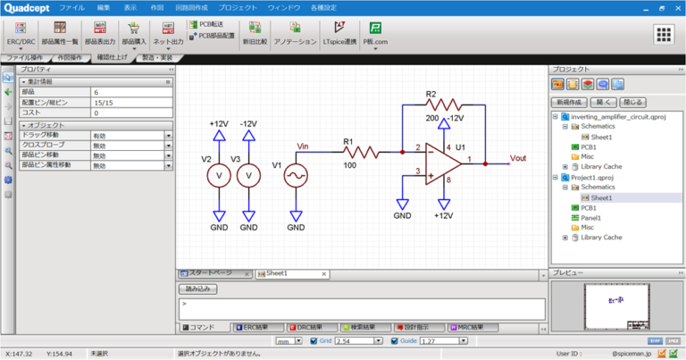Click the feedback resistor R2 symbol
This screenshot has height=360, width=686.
pyautogui.click(x=441, y=102)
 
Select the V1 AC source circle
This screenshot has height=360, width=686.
pyautogui.click(x=295, y=175)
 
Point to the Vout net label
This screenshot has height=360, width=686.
pyautogui.click(x=519, y=158)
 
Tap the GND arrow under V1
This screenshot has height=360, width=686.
pyautogui.click(x=295, y=214)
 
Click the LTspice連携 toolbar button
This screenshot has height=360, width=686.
pyautogui.click(x=339, y=35)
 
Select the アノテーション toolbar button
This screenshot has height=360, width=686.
pyautogui.click(x=295, y=35)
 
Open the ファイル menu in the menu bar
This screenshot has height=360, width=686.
pyautogui.click(x=71, y=7)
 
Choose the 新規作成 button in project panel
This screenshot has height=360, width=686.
pyautogui.click(x=568, y=103)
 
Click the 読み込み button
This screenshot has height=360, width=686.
pyautogui.click(x=200, y=289)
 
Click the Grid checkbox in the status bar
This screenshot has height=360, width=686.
pyautogui.click(x=313, y=341)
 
